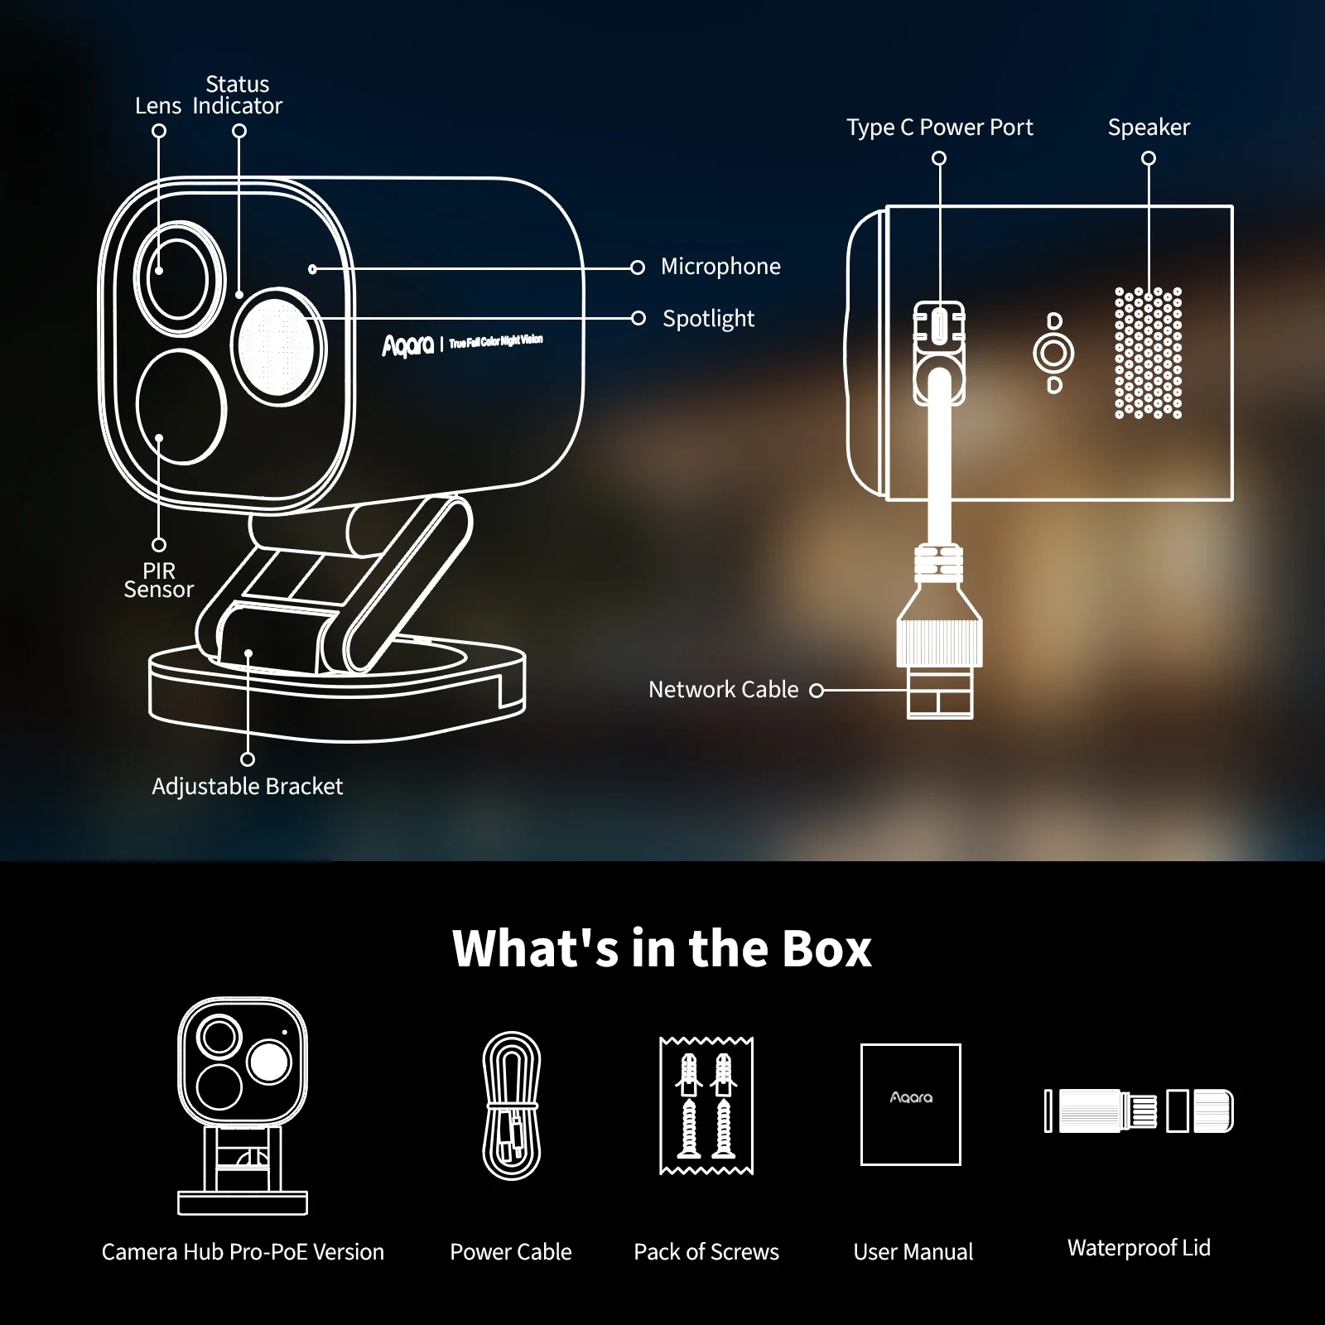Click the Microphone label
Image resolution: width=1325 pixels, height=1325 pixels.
pyautogui.click(x=720, y=267)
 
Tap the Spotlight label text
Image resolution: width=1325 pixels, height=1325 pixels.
pyautogui.click(x=708, y=319)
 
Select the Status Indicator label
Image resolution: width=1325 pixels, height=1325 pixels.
pyautogui.click(x=238, y=95)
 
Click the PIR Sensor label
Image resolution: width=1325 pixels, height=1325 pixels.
pyautogui.click(x=158, y=581)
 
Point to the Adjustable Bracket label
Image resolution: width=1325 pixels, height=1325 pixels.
pyautogui.click(x=247, y=786)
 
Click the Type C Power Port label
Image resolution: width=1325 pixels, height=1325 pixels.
pyautogui.click(x=939, y=128)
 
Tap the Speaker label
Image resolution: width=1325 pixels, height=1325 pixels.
pyautogui.click(x=1149, y=128)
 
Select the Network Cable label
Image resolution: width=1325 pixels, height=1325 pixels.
pyautogui.click(x=723, y=690)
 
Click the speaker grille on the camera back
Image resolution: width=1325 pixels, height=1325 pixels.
pyautogui.click(x=1149, y=353)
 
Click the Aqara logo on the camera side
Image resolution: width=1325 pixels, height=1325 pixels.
pyautogui.click(x=407, y=345)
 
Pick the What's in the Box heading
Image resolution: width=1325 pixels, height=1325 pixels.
pyautogui.click(x=662, y=948)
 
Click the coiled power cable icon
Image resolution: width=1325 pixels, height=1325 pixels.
pyautogui.click(x=512, y=1105)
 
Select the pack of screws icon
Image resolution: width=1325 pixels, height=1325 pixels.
pyautogui.click(x=706, y=1106)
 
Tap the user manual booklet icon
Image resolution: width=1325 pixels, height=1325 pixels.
pyautogui.click(x=911, y=1105)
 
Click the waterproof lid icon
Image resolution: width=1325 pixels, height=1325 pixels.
pyautogui.click(x=1139, y=1111)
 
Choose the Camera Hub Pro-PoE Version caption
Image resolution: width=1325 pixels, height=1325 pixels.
pyautogui.click(x=243, y=1252)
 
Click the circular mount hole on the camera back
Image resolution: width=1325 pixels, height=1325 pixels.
pyautogui.click(x=1053, y=354)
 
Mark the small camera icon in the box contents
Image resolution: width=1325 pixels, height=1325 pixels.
pyautogui.click(x=243, y=1106)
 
